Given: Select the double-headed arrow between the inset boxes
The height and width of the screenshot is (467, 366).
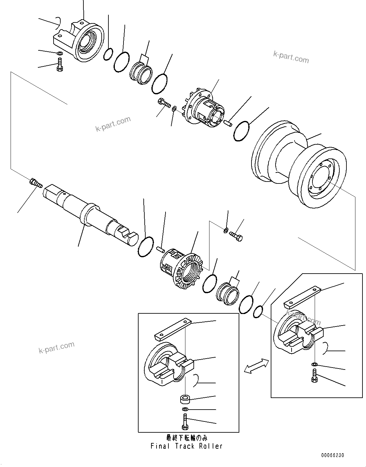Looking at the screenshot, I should (256, 366).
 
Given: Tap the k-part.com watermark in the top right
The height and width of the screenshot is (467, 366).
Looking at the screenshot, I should (291, 57).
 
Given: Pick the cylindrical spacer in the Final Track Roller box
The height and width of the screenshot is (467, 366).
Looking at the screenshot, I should (185, 399).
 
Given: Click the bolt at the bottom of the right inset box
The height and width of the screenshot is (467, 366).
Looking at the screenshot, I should (314, 376).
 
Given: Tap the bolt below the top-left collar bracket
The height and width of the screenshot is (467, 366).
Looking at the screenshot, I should (60, 65).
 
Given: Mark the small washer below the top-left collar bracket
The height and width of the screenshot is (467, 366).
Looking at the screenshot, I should (60, 53).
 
